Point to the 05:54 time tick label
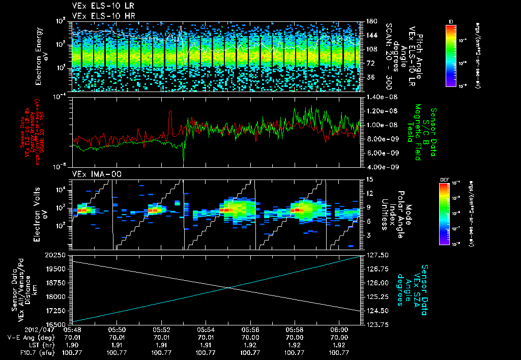(x=206, y=330)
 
